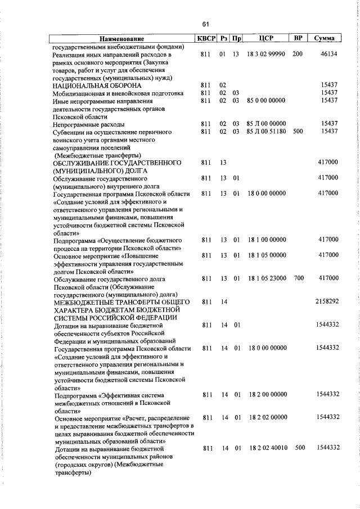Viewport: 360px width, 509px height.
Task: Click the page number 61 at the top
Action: pyautogui.click(x=206, y=24)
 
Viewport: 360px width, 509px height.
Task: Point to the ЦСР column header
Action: pyautogui.click(x=267, y=38)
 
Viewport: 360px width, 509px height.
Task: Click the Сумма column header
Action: pyautogui.click(x=325, y=38)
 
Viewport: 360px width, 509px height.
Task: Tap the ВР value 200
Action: pyautogui.click(x=298, y=55)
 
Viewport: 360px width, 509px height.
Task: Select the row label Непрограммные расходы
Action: pyautogui.click(x=89, y=124)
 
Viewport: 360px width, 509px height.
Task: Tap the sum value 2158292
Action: pyautogui.click(x=326, y=301)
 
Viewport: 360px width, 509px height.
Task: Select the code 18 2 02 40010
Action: pyautogui.click(x=267, y=448)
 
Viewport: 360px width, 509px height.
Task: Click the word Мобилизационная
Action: pyautogui.click(x=79, y=93)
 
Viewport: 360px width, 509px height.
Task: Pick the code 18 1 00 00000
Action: pyautogui.click(x=267, y=240)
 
